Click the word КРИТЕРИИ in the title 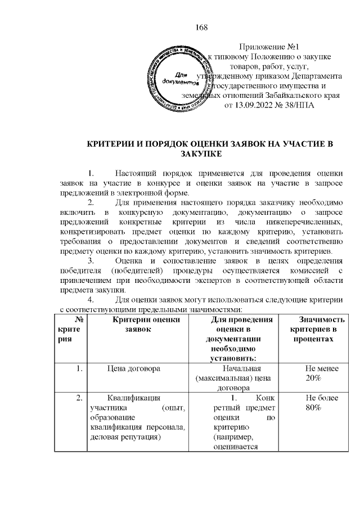(111, 144)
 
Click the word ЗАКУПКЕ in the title (202, 154)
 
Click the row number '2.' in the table (79, 398)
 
